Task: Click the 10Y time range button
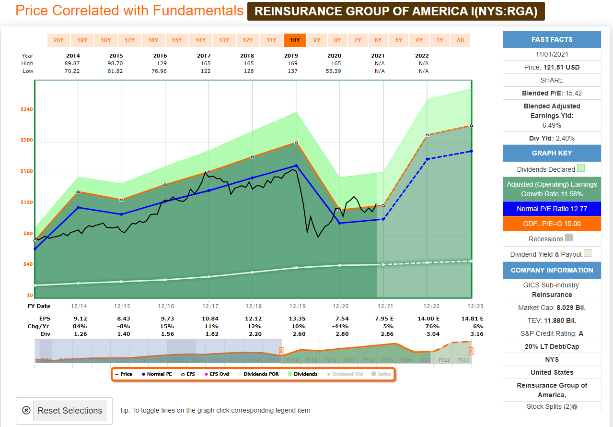[x=295, y=40]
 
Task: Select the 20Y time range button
[x=58, y=40]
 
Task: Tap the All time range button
[x=460, y=40]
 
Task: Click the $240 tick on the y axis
[x=26, y=109]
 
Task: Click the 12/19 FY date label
[x=296, y=306]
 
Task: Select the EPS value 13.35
[x=296, y=318]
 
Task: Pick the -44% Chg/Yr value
[x=339, y=326]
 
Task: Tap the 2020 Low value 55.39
[x=334, y=71]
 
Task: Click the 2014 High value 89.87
[x=73, y=63]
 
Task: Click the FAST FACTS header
[x=552, y=39]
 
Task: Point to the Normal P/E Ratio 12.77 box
[x=552, y=209]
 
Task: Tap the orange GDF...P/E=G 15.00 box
[x=552, y=224]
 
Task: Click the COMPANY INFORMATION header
[x=552, y=270]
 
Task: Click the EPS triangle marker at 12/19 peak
[x=296, y=142]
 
